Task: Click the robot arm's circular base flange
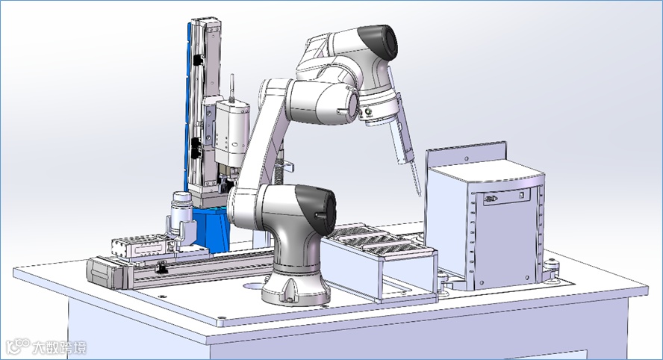295,292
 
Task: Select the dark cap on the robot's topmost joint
379,42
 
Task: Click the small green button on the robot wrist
368,112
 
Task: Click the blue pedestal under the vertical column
213,229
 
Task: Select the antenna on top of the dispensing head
231,88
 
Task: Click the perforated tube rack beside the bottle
139,246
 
